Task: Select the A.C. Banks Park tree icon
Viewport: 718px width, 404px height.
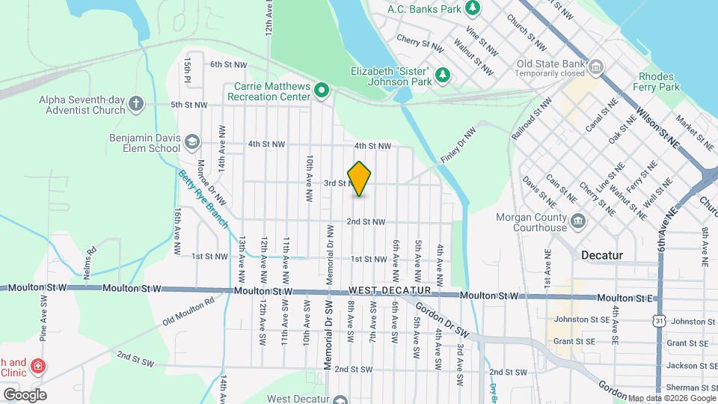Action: tap(473, 8)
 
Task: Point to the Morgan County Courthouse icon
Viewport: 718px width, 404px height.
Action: tap(578, 221)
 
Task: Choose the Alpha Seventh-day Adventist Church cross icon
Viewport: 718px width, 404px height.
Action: tap(135, 104)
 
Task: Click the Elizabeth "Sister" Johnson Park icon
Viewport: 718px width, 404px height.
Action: tap(443, 74)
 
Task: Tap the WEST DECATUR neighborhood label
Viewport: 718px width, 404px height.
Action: tap(390, 290)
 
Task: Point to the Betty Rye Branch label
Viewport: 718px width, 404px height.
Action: tap(202, 198)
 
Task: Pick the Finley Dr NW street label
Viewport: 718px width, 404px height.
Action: tap(462, 138)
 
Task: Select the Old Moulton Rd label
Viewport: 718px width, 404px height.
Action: tap(188, 312)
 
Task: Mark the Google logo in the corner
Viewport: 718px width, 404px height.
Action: tap(25, 394)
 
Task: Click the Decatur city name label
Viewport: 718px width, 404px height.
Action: tap(602, 255)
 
